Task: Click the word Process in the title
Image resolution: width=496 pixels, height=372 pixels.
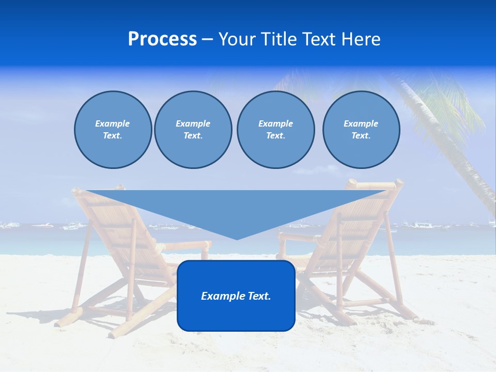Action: tap(162, 39)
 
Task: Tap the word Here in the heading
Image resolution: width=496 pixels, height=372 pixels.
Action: tap(360, 39)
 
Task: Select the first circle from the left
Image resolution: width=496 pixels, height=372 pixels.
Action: tap(113, 130)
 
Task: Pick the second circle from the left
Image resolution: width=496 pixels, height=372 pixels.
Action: tap(193, 130)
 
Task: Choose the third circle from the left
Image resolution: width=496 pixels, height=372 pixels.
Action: tap(275, 130)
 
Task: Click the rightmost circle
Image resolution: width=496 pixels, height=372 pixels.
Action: tap(361, 130)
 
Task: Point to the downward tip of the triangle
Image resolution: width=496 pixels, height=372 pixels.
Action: tap(237, 238)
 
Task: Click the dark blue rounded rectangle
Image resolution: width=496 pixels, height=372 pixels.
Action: tap(236, 315)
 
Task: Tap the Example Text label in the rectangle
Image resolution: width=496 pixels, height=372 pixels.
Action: tap(236, 296)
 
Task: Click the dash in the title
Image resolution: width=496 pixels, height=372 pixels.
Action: tap(208, 40)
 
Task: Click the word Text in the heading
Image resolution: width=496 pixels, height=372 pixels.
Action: tap(319, 39)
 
